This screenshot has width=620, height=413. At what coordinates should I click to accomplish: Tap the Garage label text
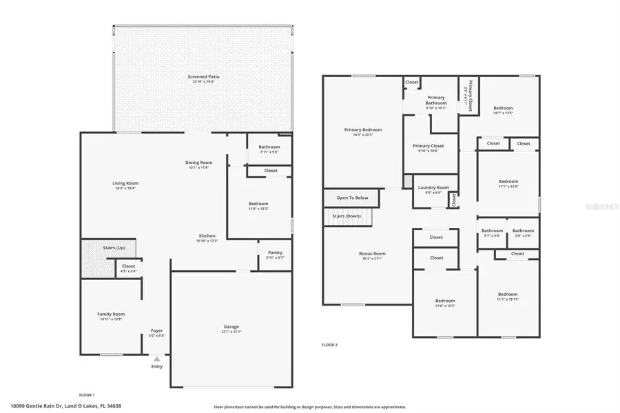(231, 326)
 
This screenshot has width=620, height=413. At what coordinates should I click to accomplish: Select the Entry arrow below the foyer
(157, 359)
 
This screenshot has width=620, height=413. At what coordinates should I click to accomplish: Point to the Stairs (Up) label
(114, 247)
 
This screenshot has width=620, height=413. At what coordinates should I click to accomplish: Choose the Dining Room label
(198, 162)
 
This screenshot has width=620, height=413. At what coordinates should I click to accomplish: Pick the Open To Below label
(352, 198)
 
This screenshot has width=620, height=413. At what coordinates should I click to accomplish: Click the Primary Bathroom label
(436, 100)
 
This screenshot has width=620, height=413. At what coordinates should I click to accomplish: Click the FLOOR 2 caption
(329, 344)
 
